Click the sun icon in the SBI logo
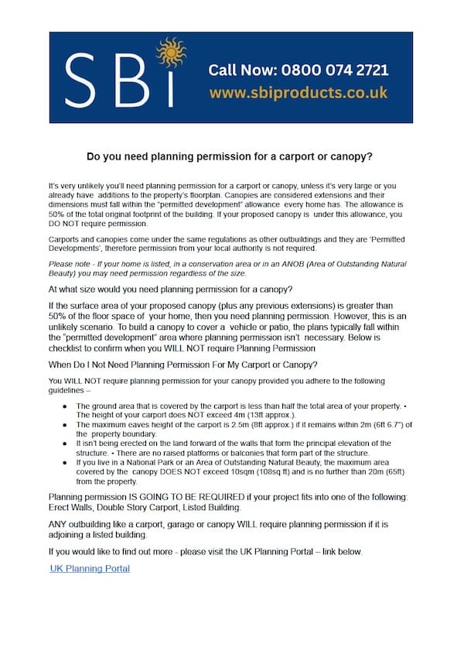click(170, 53)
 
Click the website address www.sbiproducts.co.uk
click(298, 93)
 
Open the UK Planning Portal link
click(90, 568)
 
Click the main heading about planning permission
click(230, 156)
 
